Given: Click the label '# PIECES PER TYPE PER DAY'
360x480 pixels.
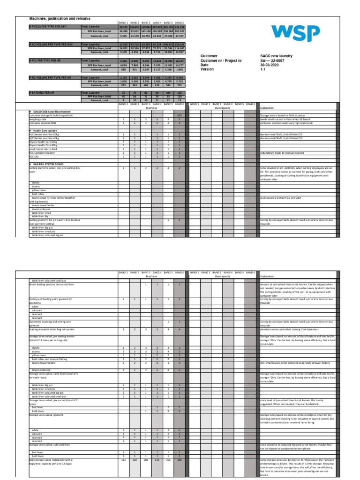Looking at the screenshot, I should click(48, 27).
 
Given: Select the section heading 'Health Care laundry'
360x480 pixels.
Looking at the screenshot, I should click(45, 130).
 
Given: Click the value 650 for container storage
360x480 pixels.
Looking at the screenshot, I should click(179, 115).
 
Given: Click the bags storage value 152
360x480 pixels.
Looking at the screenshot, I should click(123, 460).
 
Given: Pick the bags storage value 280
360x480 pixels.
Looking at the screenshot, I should click(179, 460).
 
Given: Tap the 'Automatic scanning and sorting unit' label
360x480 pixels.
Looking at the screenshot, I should click(50, 322).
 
